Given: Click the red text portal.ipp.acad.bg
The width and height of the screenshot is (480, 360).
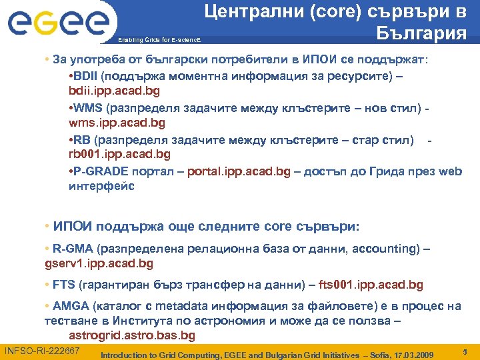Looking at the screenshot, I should pyautogui.click(x=239, y=171).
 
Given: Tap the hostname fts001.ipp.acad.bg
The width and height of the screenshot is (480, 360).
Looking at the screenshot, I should pyautogui.click(x=371, y=285).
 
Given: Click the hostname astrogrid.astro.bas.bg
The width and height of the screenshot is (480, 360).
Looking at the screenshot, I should pyautogui.click(x=132, y=335).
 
